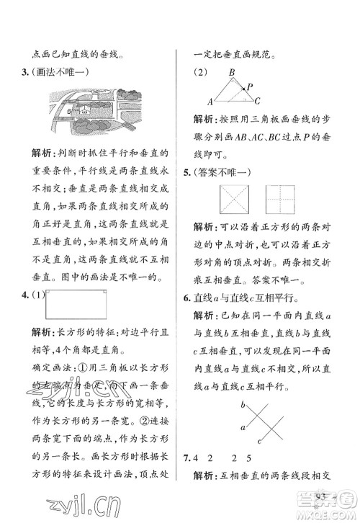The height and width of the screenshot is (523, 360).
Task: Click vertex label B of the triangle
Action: (x=231, y=73)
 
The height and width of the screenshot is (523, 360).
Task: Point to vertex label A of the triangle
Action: (x=211, y=101)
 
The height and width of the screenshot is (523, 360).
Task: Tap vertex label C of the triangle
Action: (x=257, y=101)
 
